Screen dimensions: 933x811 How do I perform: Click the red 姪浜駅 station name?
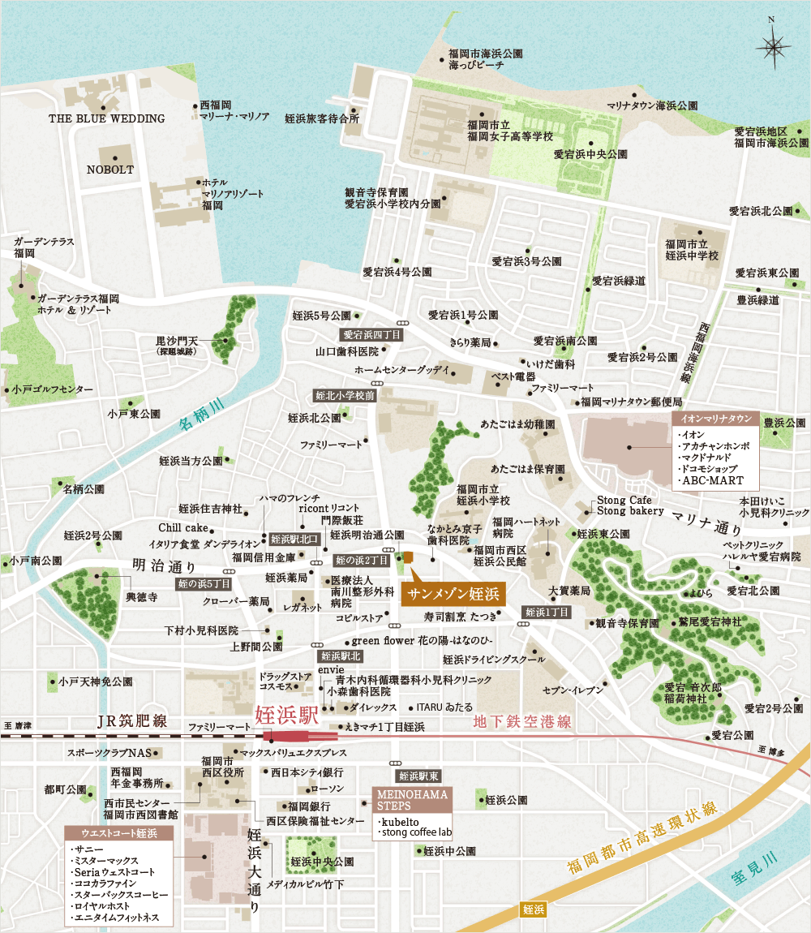pos(285,716)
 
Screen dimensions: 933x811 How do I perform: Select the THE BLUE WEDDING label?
pos(106,118)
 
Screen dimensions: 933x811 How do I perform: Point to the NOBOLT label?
pos(110,170)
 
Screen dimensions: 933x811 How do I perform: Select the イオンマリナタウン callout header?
pos(714,419)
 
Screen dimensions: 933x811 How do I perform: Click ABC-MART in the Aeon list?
pos(709,480)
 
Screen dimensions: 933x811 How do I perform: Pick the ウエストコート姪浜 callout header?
pos(118,833)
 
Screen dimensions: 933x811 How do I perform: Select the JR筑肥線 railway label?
pos(131,720)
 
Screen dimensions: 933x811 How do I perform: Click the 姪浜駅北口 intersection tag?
pos(295,539)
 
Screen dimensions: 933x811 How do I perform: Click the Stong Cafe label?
pos(624,501)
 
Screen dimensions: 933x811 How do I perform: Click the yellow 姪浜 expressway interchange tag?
pos(533,909)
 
